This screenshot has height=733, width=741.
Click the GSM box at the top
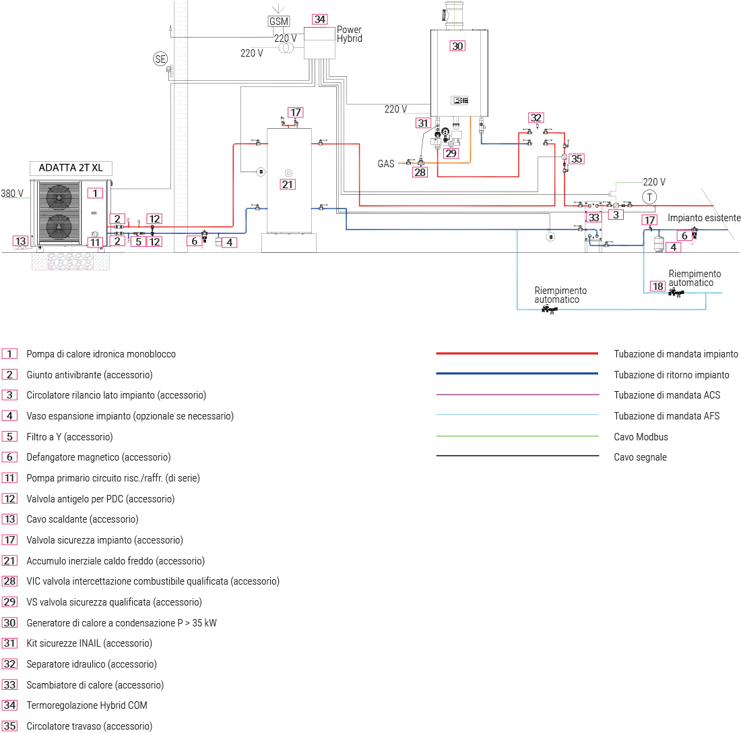point(279,21)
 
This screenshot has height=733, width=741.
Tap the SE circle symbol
point(160,59)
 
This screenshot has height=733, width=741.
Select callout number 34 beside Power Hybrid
point(321,19)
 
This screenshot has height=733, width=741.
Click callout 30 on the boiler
point(457,46)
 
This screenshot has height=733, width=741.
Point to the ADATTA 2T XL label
point(71,168)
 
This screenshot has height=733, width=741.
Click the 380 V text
point(12,194)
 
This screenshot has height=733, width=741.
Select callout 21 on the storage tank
point(288,184)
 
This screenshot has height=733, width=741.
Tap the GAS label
point(386,164)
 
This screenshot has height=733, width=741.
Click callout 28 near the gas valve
point(420,173)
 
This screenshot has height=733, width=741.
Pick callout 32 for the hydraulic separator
point(536,117)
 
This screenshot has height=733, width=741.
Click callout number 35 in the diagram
point(576,159)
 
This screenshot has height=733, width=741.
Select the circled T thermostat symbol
point(649,197)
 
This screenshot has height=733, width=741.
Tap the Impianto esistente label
point(704,218)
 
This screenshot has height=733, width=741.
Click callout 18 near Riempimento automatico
point(657,287)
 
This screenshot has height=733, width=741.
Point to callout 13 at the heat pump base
point(21,241)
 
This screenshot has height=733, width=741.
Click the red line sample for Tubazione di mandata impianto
point(517,353)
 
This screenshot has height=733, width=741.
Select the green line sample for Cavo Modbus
point(517,436)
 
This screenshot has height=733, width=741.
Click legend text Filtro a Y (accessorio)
point(69,437)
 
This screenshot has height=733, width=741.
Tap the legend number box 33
point(9,684)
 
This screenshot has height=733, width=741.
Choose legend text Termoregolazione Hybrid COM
point(86,705)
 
